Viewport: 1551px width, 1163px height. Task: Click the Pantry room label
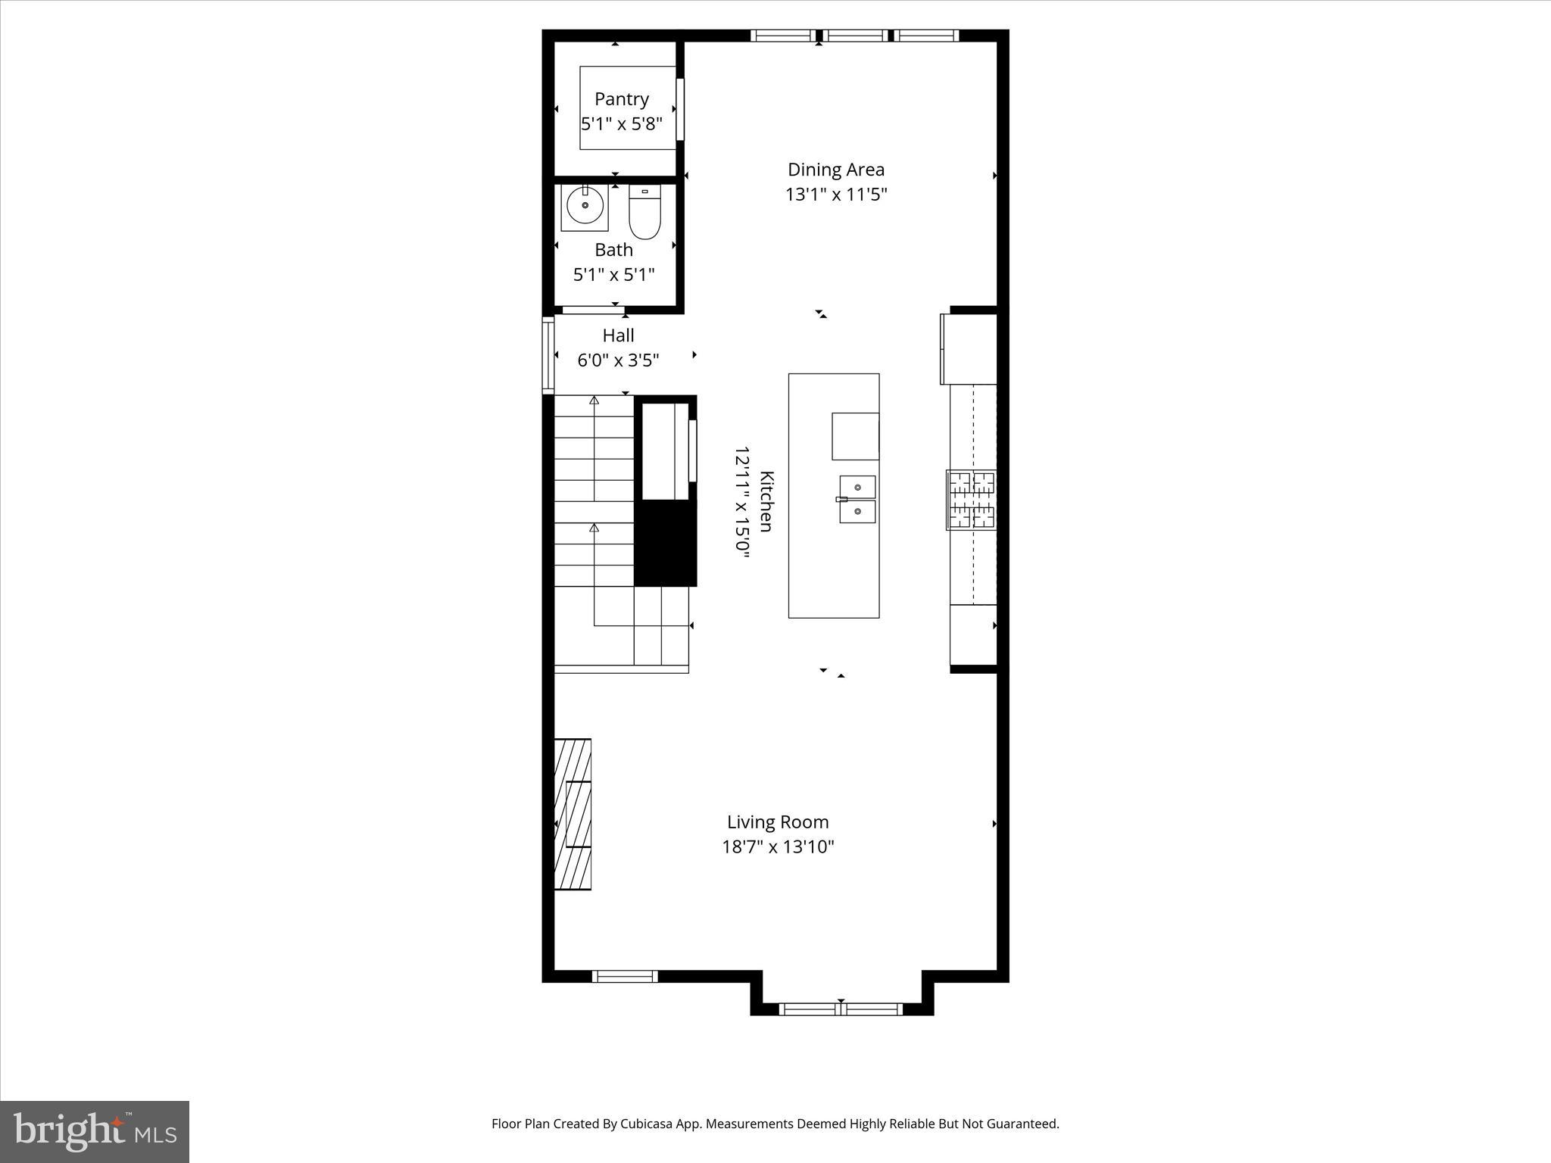click(622, 99)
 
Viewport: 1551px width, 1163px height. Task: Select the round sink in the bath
click(585, 206)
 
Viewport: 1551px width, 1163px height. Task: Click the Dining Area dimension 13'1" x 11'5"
click(835, 195)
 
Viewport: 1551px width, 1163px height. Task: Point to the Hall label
click(618, 335)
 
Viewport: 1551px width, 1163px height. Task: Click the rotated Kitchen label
click(766, 501)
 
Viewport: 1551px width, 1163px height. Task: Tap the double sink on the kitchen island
click(857, 500)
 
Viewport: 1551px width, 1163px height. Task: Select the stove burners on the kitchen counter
click(972, 500)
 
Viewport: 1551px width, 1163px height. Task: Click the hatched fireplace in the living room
click(573, 814)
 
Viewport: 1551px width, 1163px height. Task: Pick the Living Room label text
click(778, 822)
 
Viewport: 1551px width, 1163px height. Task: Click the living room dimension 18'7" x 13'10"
click(778, 847)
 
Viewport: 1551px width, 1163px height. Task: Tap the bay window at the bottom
click(841, 1009)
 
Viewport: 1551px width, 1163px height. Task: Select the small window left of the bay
click(625, 976)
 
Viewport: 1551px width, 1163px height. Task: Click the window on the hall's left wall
click(548, 355)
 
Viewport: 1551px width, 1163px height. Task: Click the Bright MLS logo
click(95, 1131)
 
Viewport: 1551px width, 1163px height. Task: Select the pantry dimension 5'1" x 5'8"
click(622, 124)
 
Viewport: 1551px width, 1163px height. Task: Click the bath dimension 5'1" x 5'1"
click(613, 274)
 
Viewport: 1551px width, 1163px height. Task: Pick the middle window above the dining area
click(855, 35)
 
